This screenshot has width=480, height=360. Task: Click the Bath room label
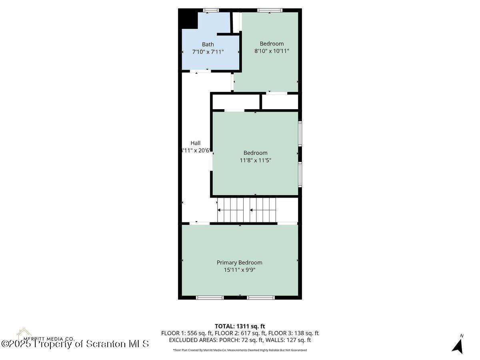tap(208, 44)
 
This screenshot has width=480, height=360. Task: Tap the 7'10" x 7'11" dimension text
tap(208, 52)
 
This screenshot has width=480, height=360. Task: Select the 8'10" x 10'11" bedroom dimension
tap(272, 51)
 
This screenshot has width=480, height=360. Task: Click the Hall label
tap(195, 143)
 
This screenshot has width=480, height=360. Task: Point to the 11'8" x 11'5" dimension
tap(255, 160)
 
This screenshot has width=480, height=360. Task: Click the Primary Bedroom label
tap(239, 262)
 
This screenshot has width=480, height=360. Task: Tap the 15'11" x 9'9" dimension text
tap(239, 270)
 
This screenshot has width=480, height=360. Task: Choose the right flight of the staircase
tap(263, 210)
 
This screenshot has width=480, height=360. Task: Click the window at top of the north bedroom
tap(270, 10)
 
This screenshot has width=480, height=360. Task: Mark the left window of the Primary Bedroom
tap(210, 297)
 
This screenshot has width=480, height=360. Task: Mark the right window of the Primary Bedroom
tap(260, 297)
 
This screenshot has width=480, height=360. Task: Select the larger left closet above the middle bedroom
tap(236, 102)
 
